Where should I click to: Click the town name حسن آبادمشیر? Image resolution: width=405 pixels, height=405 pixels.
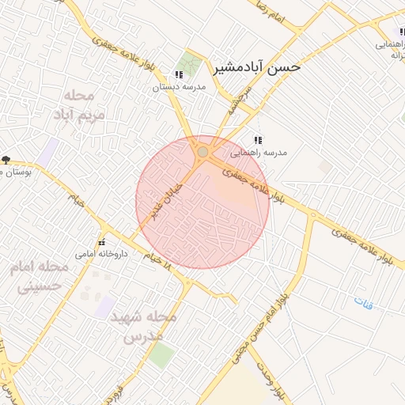(x=257, y=67)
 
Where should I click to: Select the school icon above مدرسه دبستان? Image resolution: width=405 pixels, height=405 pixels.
(x=179, y=75)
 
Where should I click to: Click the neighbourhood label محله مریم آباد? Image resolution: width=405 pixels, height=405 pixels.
(x=78, y=104)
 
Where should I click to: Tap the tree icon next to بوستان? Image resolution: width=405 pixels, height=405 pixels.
(x=6, y=161)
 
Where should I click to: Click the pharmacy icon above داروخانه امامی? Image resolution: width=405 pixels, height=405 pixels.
(x=101, y=242)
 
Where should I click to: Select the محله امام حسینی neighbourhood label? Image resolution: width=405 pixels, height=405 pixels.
(x=40, y=276)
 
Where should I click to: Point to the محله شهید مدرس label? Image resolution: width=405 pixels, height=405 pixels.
(x=147, y=325)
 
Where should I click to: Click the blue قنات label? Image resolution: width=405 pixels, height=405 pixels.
(x=363, y=302)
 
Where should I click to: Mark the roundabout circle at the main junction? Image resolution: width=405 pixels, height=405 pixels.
(x=202, y=151)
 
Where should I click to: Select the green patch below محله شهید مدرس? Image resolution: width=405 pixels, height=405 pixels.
(x=161, y=355)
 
